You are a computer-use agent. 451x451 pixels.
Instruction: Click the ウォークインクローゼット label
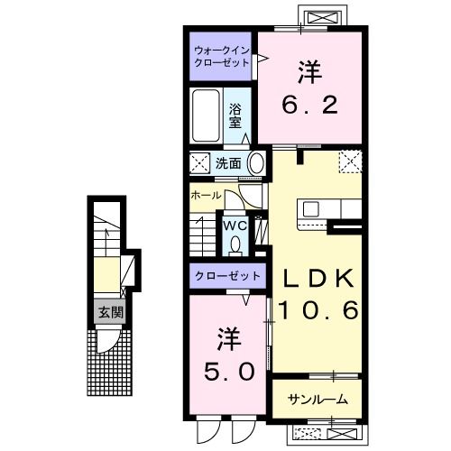(222, 59)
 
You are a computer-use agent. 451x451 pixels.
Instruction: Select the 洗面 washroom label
(228, 163)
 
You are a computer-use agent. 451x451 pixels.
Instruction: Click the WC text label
(236, 225)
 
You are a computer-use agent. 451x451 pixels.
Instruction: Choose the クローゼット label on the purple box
(228, 275)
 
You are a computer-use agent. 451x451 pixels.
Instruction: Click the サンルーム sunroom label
(318, 399)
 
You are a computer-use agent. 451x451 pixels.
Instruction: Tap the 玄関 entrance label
(110, 313)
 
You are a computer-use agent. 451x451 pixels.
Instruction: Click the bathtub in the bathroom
(206, 115)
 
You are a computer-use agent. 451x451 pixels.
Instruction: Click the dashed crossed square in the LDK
(350, 161)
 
